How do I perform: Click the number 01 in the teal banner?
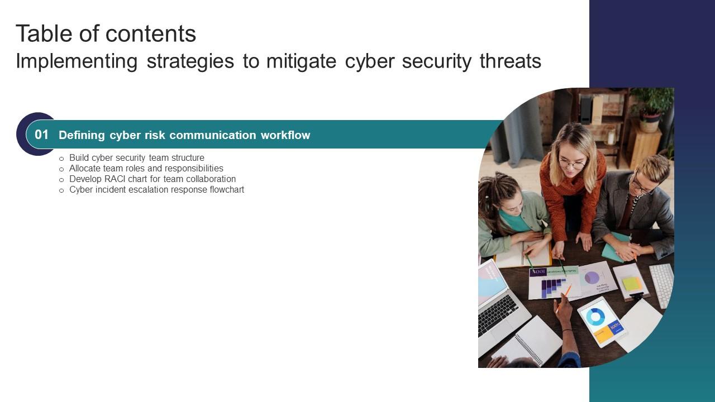click(x=42, y=135)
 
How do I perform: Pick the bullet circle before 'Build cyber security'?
click(x=61, y=159)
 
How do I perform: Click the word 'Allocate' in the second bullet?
click(x=86, y=169)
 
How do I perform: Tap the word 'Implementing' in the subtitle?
click(x=77, y=61)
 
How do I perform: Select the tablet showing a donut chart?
click(x=601, y=322)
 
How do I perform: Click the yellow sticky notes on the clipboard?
click(x=632, y=284)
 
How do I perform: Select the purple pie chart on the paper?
click(x=592, y=277)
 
